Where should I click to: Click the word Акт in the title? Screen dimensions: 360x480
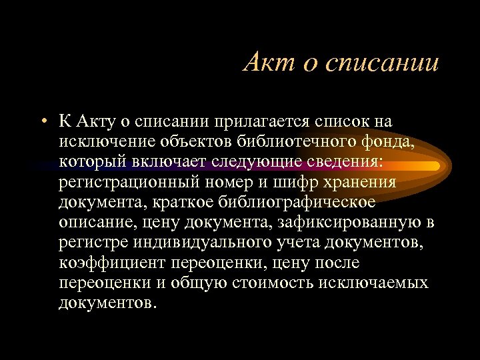264,63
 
